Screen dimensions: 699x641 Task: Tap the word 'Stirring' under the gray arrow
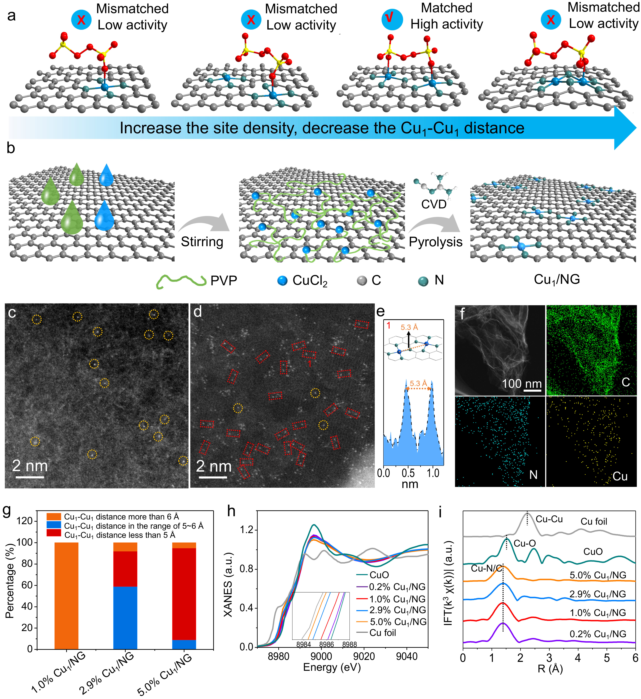[x=202, y=242]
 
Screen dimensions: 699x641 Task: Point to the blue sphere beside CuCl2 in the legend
[x=282, y=281]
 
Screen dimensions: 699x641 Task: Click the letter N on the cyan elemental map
[x=533, y=475]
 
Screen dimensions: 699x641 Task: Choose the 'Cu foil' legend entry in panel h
[x=382, y=633]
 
